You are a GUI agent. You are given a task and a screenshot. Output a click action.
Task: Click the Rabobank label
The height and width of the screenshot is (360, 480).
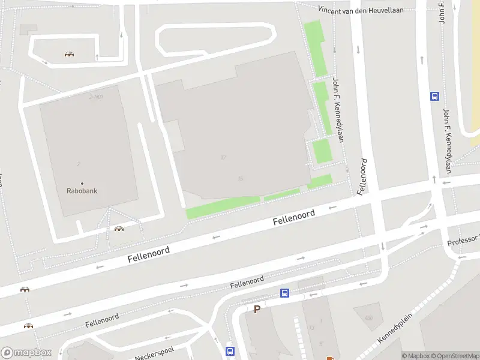point(82,191)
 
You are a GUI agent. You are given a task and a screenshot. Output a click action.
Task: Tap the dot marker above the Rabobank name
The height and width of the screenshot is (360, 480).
point(82,183)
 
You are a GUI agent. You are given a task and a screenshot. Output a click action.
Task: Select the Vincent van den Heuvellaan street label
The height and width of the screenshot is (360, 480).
point(360,10)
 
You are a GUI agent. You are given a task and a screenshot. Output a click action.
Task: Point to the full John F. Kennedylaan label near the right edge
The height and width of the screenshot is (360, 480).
point(447,141)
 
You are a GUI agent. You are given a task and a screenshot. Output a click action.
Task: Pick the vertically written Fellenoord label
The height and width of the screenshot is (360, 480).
point(362,176)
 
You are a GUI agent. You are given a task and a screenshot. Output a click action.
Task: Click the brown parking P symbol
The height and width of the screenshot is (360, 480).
point(257,310)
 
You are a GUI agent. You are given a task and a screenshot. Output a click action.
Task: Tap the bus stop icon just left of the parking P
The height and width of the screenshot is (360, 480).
point(284,293)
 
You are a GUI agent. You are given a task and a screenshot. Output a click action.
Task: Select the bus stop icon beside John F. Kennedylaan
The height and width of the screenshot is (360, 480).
point(434,95)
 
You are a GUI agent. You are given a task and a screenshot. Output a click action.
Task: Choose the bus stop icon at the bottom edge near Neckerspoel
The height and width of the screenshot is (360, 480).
point(229,351)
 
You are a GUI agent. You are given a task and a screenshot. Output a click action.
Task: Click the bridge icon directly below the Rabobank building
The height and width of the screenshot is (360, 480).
point(119,229)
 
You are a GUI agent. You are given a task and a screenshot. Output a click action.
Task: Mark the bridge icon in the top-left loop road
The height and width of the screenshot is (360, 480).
point(70,55)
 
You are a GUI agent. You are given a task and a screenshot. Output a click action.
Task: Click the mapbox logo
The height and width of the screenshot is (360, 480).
point(25,353)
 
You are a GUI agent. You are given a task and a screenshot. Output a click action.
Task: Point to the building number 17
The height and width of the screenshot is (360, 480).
point(223,157)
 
